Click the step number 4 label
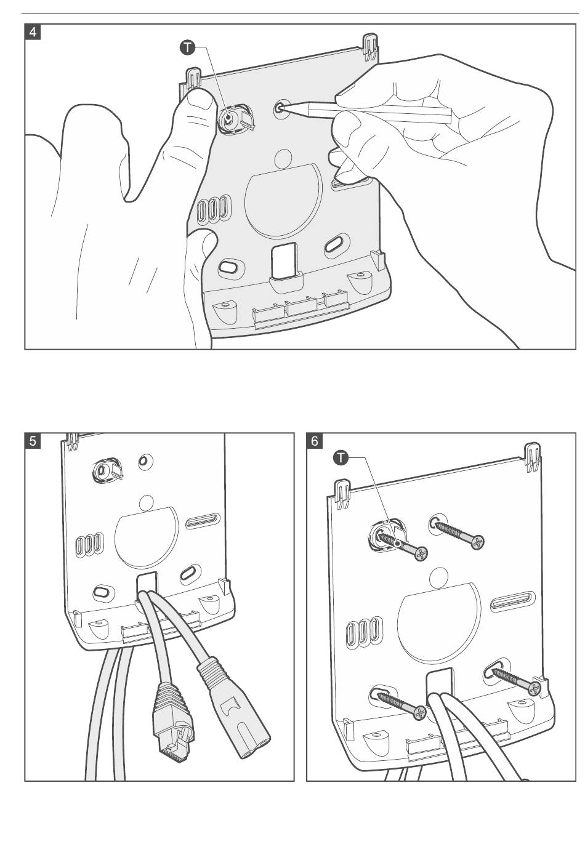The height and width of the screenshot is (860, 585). (x=33, y=32)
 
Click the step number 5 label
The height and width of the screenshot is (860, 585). (x=33, y=441)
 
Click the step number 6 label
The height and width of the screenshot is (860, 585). (x=315, y=441)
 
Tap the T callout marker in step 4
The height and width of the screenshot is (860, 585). (x=187, y=47)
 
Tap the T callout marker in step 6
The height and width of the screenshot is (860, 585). (x=341, y=457)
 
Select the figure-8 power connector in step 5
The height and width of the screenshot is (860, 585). (x=234, y=714)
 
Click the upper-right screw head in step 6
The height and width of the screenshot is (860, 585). (x=477, y=542)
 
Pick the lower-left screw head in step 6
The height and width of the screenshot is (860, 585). (x=419, y=713)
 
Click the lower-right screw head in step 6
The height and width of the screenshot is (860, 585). (x=534, y=688)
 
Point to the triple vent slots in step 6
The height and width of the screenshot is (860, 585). (x=364, y=632)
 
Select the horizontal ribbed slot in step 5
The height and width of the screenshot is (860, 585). (x=203, y=521)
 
